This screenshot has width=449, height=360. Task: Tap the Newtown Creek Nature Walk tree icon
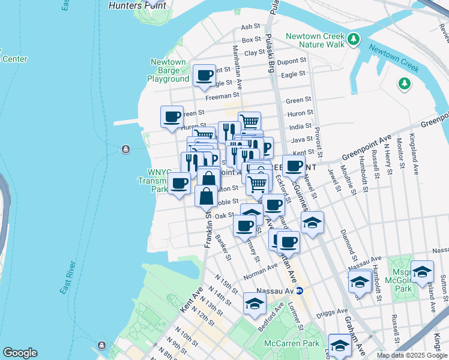pos(354,40)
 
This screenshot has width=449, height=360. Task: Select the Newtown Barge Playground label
pos(168,70)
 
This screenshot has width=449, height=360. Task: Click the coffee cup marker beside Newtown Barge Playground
pos(205,76)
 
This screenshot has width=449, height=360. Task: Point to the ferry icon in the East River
pos(125,149)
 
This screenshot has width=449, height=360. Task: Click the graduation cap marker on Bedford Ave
pos(255,304)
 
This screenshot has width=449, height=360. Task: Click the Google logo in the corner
pos(20,353)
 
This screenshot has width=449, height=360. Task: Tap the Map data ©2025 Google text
pos(411,355)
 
